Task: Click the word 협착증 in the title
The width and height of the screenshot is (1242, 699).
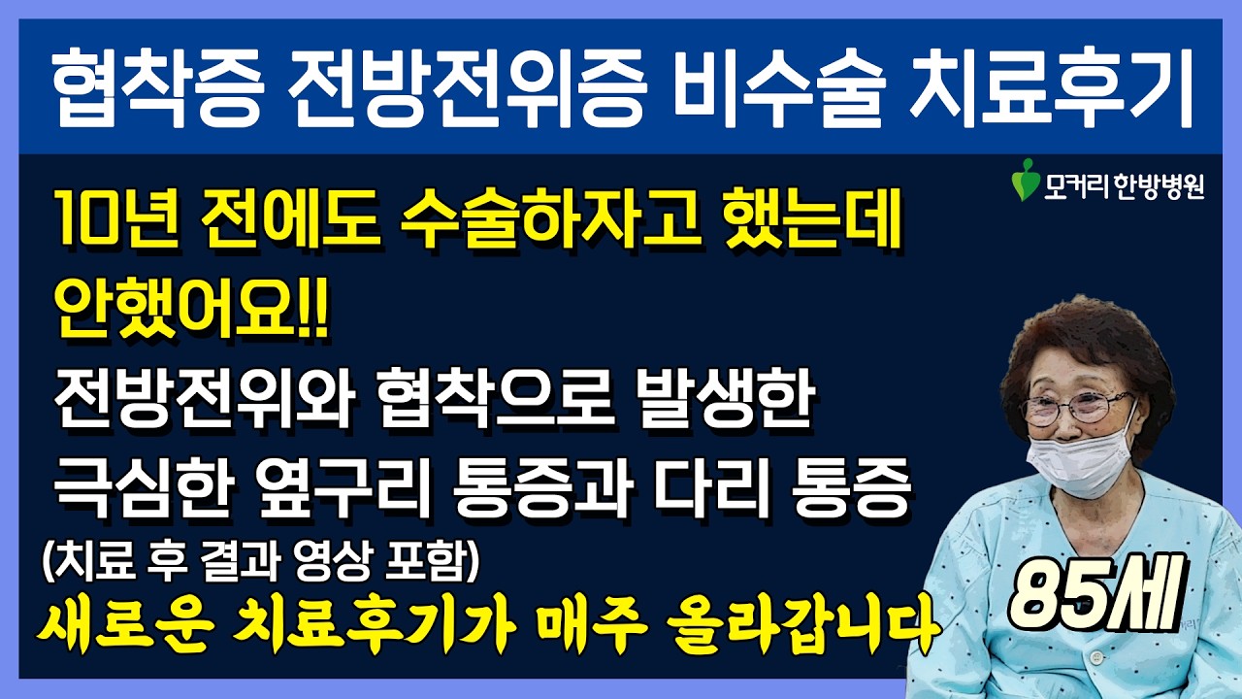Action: pyautogui.click(x=158, y=87)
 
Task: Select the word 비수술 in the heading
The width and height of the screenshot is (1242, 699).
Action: pyautogui.click(x=780, y=87)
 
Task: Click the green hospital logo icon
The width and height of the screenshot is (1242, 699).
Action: pyautogui.click(x=1026, y=180)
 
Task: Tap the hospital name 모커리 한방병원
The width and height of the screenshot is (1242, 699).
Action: pyautogui.click(x=1124, y=186)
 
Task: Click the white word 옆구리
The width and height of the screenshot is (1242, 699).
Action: pyautogui.click(x=344, y=487)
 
